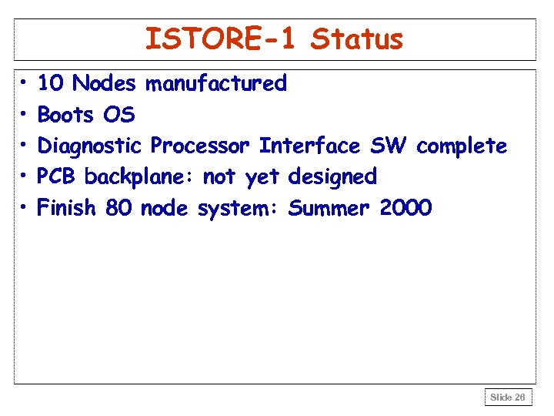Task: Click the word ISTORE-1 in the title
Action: pyautogui.click(x=220, y=39)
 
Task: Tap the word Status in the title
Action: pyautogui.click(x=356, y=39)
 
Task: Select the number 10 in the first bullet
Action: pyautogui.click(x=51, y=83)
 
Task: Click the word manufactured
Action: pyautogui.click(x=216, y=83)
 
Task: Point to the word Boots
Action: pyautogui.click(x=66, y=115)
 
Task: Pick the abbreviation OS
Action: pyautogui.click(x=118, y=115)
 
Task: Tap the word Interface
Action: pyautogui.click(x=309, y=146)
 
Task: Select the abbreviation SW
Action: pyautogui.click(x=389, y=146)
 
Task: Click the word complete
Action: pyautogui.click(x=462, y=146)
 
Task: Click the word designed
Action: pyautogui.click(x=332, y=176)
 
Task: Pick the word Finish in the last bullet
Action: pyautogui.click(x=67, y=207)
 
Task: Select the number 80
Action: pyautogui.click(x=118, y=207)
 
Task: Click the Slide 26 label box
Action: pyautogui.click(x=508, y=398)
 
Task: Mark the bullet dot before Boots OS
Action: pyautogui.click(x=24, y=115)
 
